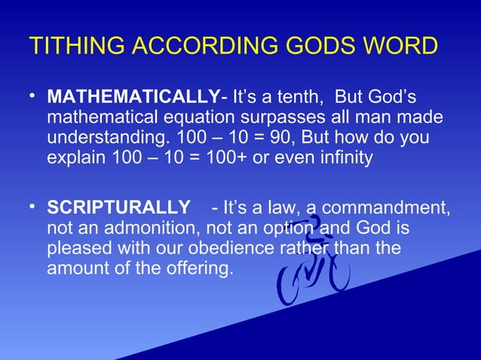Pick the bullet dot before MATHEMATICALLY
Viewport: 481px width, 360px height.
click(x=33, y=97)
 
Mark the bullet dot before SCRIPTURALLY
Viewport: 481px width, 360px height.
click(x=33, y=206)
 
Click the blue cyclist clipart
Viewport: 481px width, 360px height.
click(x=313, y=264)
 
